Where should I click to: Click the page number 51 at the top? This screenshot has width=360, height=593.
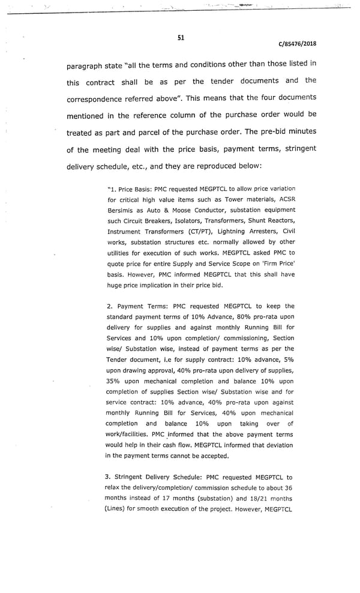tap(181, 38)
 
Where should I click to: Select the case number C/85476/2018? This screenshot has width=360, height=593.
tap(298, 44)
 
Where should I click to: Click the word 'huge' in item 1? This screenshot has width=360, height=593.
tap(115, 285)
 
